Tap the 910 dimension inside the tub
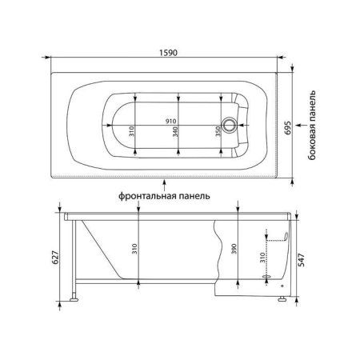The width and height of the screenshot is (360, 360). tap(170, 121)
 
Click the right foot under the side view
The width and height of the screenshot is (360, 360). tap(282, 301)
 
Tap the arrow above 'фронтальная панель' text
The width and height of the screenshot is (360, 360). tap(164, 179)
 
